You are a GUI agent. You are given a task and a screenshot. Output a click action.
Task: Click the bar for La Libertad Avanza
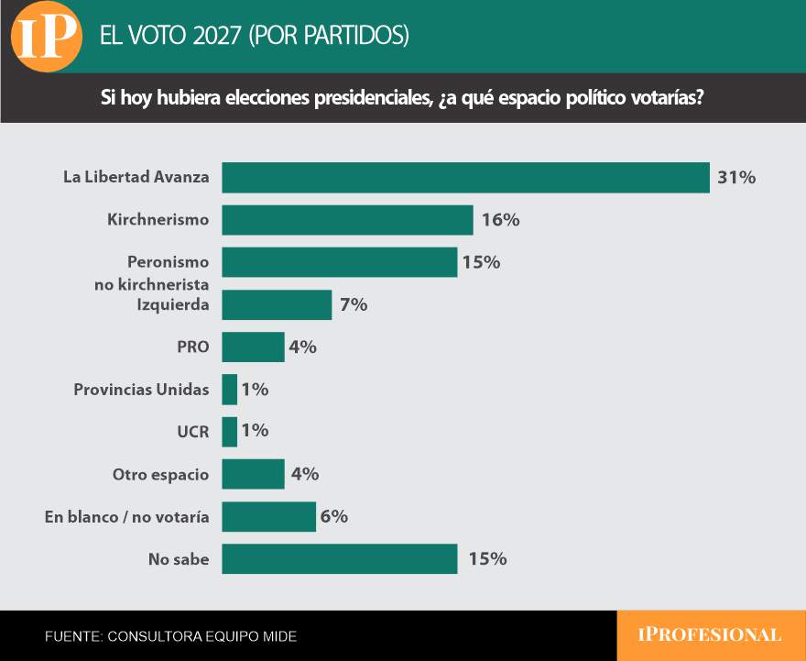click(x=465, y=178)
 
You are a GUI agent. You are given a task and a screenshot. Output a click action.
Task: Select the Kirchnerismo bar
click(x=347, y=220)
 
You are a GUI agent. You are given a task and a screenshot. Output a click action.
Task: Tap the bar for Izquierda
click(x=277, y=304)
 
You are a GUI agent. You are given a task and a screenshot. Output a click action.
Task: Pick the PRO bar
click(x=254, y=347)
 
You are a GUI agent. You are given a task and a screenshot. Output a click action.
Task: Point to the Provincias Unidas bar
click(x=230, y=390)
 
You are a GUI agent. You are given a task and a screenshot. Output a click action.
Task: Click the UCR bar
click(x=230, y=432)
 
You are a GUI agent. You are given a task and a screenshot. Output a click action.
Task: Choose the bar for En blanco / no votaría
click(x=269, y=516)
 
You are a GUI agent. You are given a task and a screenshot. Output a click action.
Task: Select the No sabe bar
click(x=340, y=558)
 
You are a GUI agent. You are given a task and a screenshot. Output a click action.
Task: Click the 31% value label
click(x=736, y=178)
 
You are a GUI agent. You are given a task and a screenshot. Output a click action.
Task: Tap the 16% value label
click(x=501, y=220)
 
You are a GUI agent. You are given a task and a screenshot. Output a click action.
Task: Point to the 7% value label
click(x=354, y=304)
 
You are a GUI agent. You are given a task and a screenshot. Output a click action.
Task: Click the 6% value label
click(x=334, y=516)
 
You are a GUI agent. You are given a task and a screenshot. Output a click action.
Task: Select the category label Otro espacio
click(x=161, y=474)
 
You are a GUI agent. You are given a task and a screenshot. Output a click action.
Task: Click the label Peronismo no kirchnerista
click(x=152, y=273)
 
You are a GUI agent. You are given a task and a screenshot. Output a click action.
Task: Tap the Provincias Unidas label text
click(x=141, y=390)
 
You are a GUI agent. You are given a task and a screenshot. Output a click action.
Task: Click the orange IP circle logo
click(x=47, y=36)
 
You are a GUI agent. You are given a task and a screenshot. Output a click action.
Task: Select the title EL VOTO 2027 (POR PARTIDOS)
click(x=255, y=36)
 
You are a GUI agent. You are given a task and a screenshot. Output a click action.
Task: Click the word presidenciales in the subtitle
click(x=372, y=97)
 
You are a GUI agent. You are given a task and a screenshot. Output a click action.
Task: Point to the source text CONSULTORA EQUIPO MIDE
click(x=202, y=636)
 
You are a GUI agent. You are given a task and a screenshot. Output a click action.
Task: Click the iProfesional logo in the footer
click(x=710, y=634)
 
